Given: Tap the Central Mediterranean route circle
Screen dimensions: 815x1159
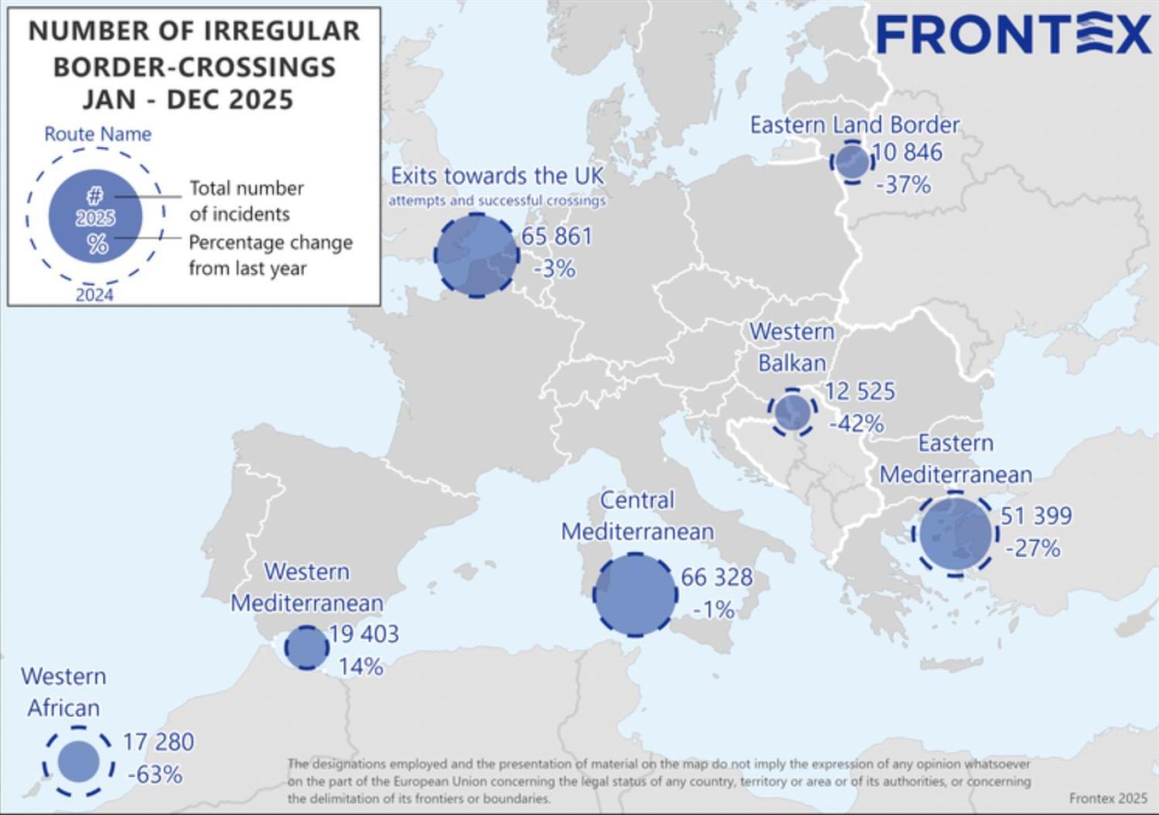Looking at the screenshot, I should pyautogui.click(x=635, y=595).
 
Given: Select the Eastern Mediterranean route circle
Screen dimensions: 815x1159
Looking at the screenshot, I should pyautogui.click(x=955, y=534).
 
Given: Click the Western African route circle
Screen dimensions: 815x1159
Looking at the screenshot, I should pyautogui.click(x=78, y=761).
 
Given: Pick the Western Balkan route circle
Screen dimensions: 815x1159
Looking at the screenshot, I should pyautogui.click(x=792, y=412).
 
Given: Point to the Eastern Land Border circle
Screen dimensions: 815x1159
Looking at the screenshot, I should pyautogui.click(x=852, y=162).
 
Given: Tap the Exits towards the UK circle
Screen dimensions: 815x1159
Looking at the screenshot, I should pyautogui.click(x=476, y=255).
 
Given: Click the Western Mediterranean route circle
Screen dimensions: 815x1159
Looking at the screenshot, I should pyautogui.click(x=306, y=647).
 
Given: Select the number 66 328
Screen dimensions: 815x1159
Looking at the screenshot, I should pyautogui.click(x=717, y=577).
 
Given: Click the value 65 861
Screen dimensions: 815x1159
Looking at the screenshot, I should pyautogui.click(x=557, y=236).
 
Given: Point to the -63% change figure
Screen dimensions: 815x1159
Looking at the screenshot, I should pyautogui.click(x=155, y=774).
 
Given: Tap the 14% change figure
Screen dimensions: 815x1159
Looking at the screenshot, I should pyautogui.click(x=361, y=667).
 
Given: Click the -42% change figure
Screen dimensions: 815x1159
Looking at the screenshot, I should pyautogui.click(x=857, y=424).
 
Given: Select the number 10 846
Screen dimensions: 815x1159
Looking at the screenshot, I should pyautogui.click(x=907, y=152).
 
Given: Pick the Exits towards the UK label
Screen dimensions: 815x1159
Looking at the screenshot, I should pyautogui.click(x=497, y=176).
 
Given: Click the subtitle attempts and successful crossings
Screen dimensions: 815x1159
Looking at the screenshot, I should pyautogui.click(x=497, y=201).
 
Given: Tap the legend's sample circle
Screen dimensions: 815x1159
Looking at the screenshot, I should pyautogui.click(x=95, y=216).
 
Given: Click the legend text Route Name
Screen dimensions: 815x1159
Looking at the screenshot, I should pyautogui.click(x=98, y=134).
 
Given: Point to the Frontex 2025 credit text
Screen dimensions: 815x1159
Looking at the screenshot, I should pyautogui.click(x=1107, y=798).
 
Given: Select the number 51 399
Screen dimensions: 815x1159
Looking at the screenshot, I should pyautogui.click(x=1036, y=515).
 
